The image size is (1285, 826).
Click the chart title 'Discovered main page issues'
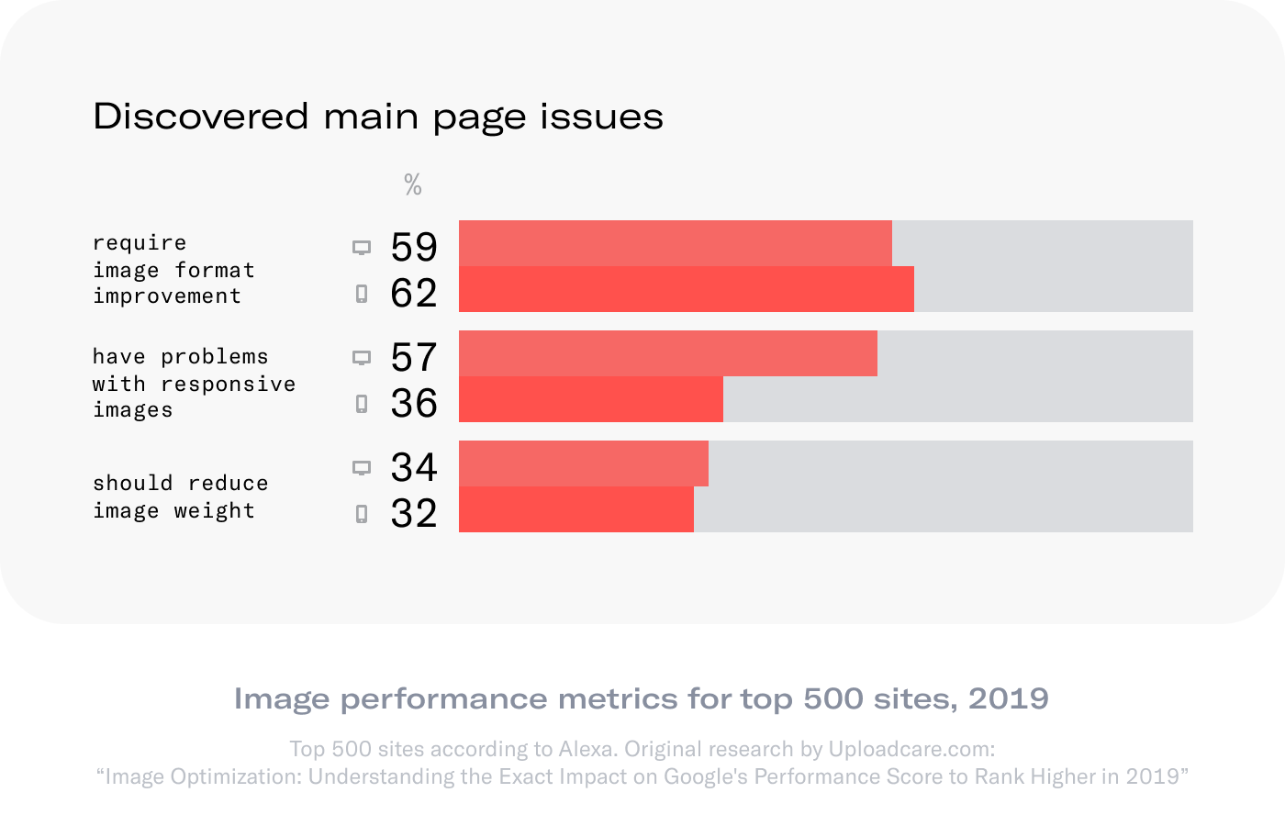[x=378, y=117]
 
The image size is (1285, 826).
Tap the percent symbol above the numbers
[x=413, y=185]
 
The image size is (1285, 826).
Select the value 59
[x=414, y=247]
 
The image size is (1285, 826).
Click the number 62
[x=414, y=293]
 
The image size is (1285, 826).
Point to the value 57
[x=414, y=357]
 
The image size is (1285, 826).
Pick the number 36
[x=414, y=403]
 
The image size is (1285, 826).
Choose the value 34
[x=414, y=467]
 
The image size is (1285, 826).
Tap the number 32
[x=414, y=513]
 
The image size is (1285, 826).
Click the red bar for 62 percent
[x=686, y=289]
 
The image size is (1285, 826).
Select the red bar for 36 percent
[x=590, y=399]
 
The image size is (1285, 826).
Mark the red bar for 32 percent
[x=575, y=509]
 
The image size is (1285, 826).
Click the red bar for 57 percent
[x=667, y=353]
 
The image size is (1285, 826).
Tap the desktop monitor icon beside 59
[x=362, y=248]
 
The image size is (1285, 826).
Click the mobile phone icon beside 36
[x=362, y=404]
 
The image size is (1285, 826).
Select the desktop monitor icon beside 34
[x=362, y=468]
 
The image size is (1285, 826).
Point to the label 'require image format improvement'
[x=173, y=269]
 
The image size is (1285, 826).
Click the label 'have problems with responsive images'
[x=193, y=383]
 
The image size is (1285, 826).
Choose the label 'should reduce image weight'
[x=180, y=497]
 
